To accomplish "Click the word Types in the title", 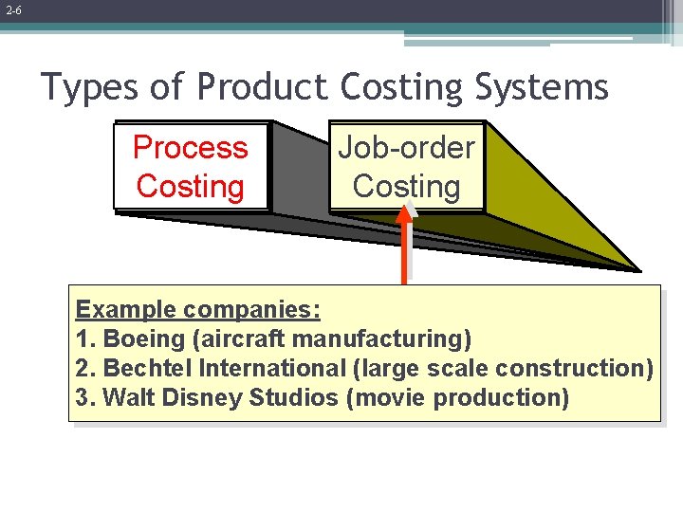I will coord(90,87).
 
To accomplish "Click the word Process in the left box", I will coord(190,148).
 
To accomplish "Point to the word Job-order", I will coord(406,148).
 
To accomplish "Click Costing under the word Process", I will coord(190,187).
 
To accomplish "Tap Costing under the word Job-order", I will coord(406,187).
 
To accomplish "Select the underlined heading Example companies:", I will coord(197,309).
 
